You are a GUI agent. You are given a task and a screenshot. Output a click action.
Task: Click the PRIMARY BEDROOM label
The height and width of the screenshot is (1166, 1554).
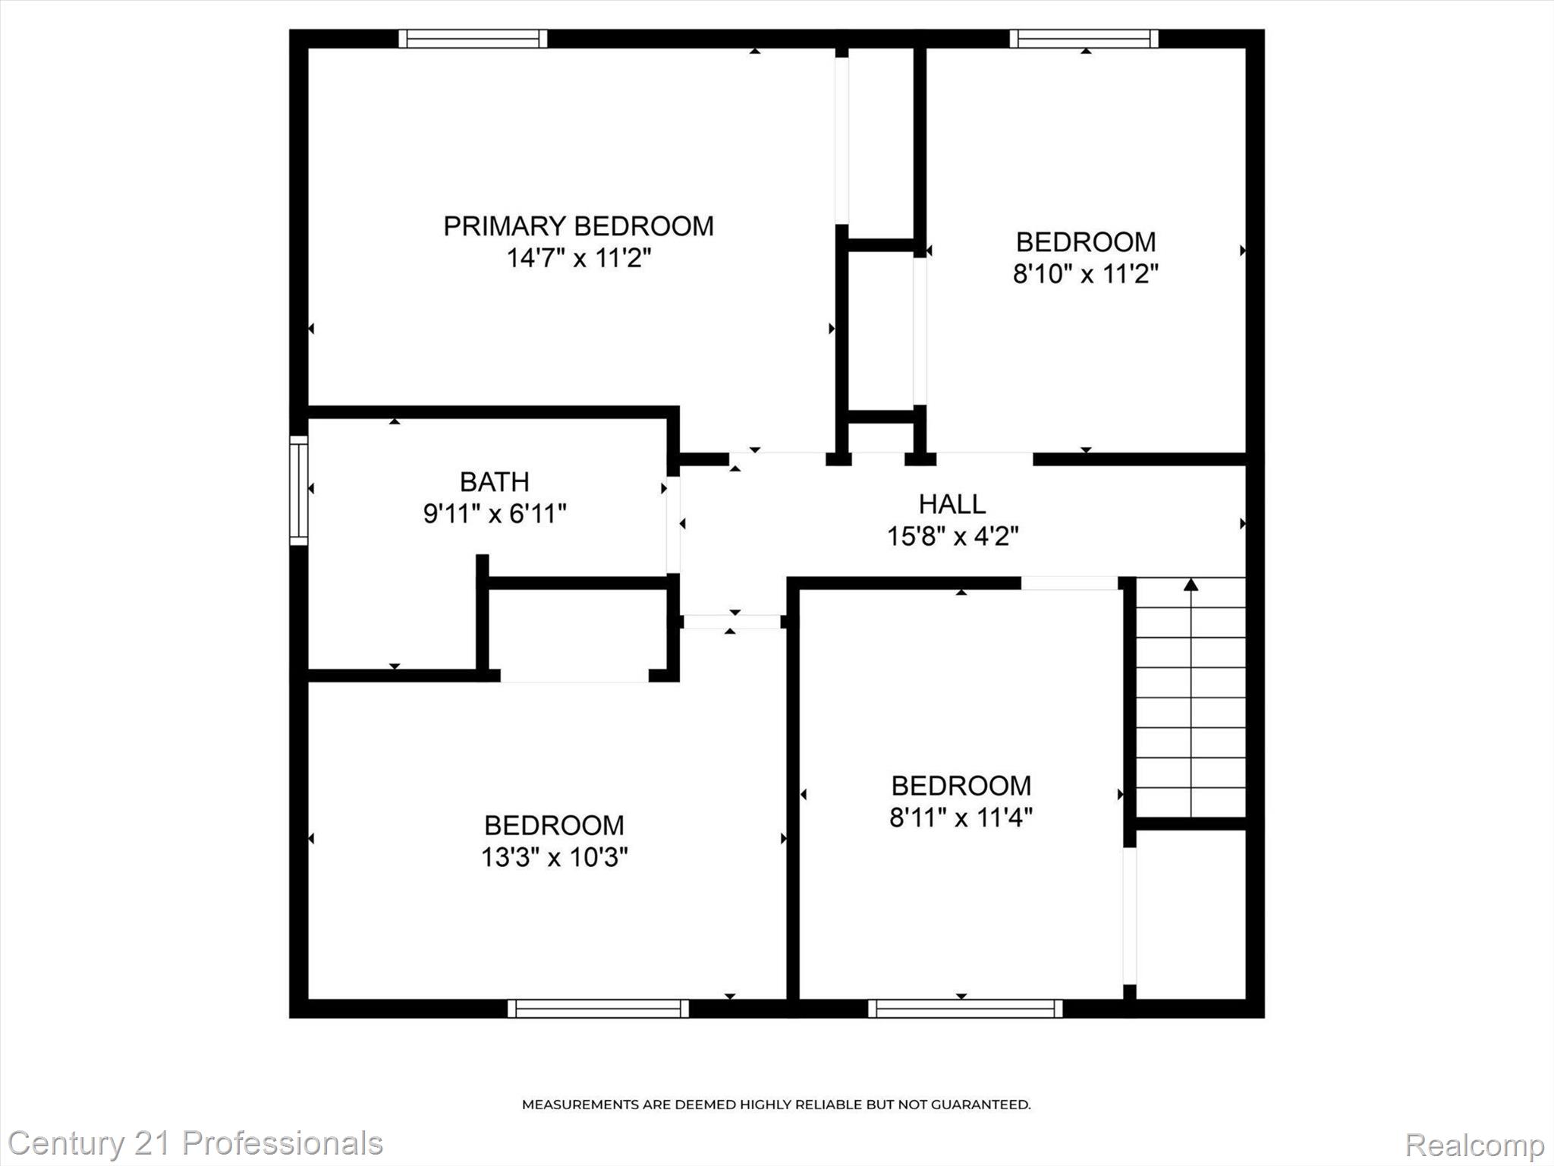click(578, 226)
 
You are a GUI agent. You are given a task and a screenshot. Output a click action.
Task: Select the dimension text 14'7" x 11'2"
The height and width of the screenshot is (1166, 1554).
click(578, 259)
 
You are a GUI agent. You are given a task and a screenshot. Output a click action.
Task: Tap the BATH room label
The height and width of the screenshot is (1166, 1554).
click(494, 482)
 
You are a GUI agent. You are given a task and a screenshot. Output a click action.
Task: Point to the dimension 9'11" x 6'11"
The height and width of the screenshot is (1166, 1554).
click(494, 515)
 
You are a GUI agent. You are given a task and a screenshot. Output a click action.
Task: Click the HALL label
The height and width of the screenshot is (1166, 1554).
click(952, 504)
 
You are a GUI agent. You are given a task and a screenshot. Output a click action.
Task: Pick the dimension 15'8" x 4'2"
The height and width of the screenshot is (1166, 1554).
click(952, 537)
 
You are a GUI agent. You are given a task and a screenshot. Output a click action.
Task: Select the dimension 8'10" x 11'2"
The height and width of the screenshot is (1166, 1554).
click(1085, 274)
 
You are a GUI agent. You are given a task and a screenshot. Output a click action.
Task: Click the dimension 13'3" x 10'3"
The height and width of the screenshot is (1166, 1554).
click(554, 858)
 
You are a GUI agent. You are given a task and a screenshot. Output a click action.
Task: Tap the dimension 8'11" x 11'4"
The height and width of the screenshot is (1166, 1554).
click(961, 818)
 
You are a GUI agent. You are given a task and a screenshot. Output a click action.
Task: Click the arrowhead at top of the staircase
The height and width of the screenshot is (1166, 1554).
click(1191, 585)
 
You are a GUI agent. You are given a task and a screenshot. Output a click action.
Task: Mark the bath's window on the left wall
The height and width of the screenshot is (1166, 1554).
click(299, 490)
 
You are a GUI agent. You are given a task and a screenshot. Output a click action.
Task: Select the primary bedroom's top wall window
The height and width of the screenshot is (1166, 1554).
click(473, 39)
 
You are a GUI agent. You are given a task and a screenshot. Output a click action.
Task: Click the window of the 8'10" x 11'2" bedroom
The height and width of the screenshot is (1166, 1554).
click(1084, 39)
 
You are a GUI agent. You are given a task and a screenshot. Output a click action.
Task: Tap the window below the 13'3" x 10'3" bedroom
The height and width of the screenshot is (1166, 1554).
click(598, 1008)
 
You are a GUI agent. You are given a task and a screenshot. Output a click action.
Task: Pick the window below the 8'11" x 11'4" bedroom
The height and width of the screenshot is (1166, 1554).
click(964, 1008)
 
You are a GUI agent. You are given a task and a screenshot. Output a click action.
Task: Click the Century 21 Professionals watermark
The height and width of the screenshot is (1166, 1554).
click(195, 1142)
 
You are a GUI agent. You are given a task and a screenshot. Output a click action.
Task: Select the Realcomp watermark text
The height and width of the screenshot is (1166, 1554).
click(1474, 1144)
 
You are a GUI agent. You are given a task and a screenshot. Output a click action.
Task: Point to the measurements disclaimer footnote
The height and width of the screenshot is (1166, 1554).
click(775, 1105)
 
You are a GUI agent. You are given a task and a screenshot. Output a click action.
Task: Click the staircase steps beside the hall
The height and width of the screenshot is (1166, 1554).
click(1191, 698)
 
